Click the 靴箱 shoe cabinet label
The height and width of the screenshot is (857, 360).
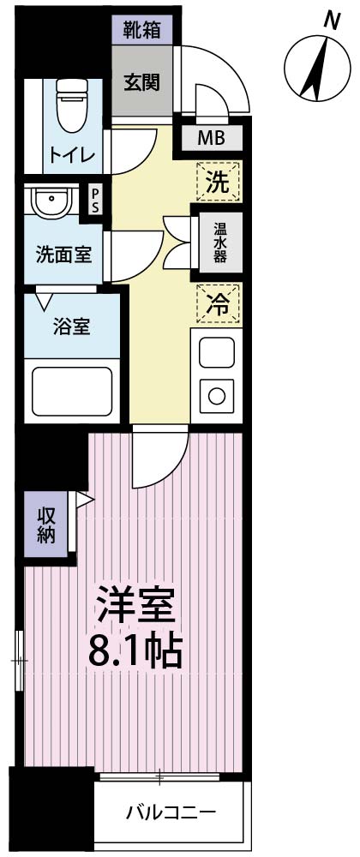pos(142,29)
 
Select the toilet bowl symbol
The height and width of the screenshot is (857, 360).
pos(72,105)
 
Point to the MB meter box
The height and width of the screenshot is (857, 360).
pos(212,137)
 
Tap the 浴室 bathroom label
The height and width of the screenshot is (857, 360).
pos(71,328)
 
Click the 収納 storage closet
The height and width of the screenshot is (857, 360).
pos(46,524)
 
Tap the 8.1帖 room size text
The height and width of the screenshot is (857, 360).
pos(135,651)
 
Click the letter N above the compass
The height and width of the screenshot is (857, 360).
pos(331,21)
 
